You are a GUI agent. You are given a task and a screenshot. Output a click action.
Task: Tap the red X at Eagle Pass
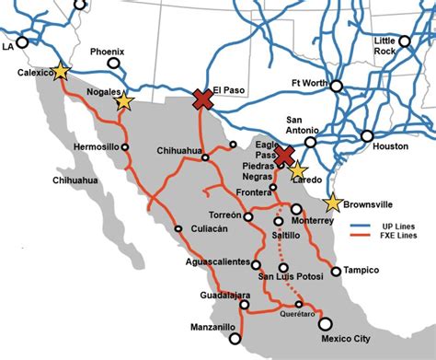point(284,155)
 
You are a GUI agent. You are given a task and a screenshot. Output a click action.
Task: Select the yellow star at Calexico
point(61,71)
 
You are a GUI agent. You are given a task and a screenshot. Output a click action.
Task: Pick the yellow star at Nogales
point(123,102)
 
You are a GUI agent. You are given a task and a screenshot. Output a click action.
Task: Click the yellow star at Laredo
point(296,169)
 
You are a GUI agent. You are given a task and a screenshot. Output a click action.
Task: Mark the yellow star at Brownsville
point(332,203)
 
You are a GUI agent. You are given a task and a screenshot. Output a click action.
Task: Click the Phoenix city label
point(108,52)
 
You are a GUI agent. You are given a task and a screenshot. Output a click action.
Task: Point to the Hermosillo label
point(96,146)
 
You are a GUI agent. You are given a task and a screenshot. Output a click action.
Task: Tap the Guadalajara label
point(225,295)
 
